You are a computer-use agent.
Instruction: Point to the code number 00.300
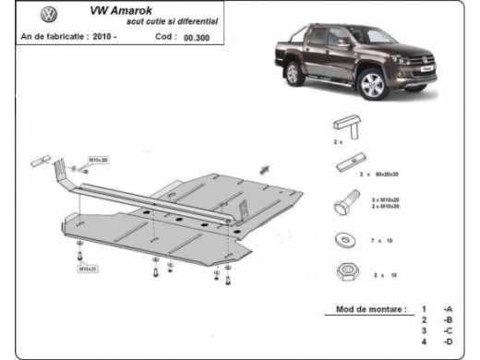(x=195, y=39)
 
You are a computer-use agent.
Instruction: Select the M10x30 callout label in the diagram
(x=99, y=161)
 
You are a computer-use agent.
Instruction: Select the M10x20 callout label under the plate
(x=88, y=268)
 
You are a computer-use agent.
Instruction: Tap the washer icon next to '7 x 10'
(x=345, y=241)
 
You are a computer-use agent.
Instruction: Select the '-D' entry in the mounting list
(x=448, y=342)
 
